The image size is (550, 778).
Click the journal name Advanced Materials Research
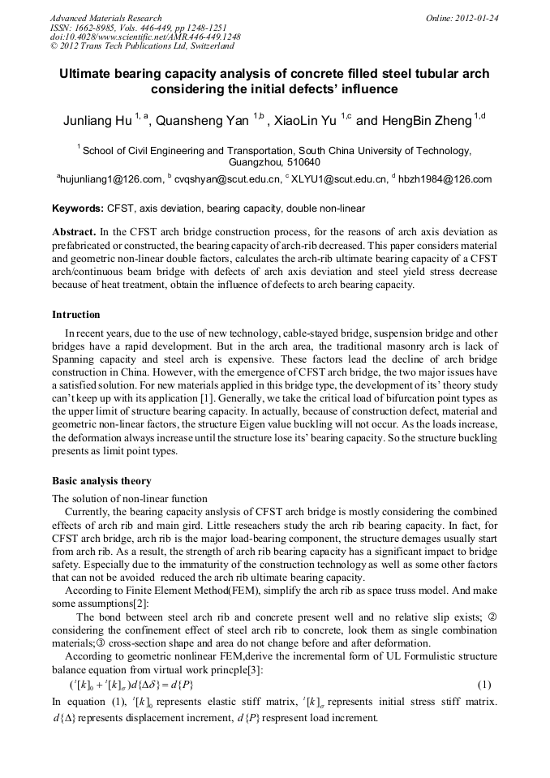(x=106, y=18)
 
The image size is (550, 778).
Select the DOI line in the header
(x=145, y=37)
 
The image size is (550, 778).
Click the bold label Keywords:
(x=78, y=208)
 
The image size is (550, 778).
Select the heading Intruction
(x=76, y=315)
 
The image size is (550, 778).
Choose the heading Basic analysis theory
(x=101, y=481)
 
